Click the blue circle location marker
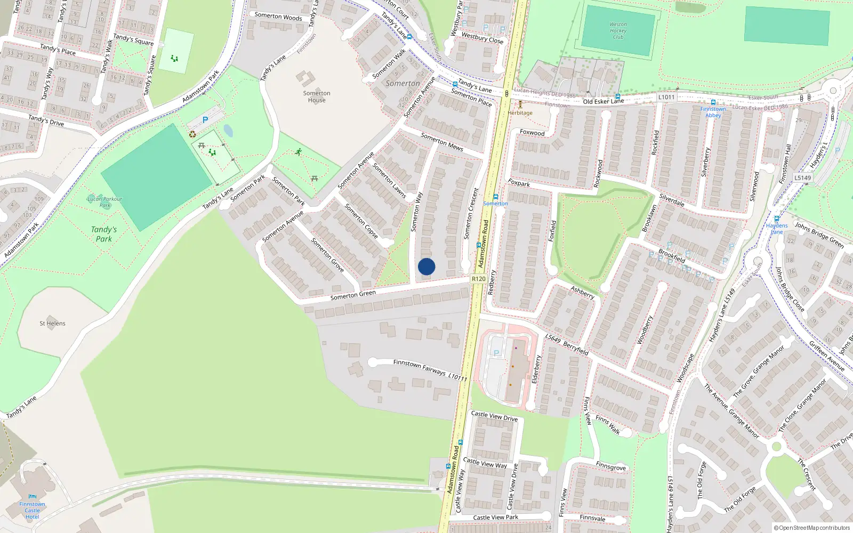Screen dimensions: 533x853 tap(426, 266)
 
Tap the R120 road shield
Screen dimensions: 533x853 tap(478, 279)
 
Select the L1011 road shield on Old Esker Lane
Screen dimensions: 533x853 tap(666, 97)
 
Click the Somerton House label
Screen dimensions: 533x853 tap(317, 96)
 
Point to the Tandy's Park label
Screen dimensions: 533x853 tap(104, 234)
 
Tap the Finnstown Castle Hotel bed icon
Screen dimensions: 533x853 tap(32, 497)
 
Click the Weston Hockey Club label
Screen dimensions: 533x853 tap(618, 30)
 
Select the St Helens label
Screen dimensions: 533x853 tap(52, 324)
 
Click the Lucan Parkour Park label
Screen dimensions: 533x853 tap(104, 202)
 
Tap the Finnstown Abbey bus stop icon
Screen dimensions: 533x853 tap(713, 102)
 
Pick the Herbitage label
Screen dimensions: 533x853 tap(520, 113)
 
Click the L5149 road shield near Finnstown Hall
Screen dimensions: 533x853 tap(802, 178)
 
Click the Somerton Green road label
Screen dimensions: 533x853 tap(353, 295)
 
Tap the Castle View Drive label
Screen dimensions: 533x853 tap(494, 416)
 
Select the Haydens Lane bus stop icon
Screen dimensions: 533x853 tap(777, 219)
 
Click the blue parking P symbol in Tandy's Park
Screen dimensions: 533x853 tap(205, 120)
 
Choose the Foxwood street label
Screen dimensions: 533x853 tap(532, 133)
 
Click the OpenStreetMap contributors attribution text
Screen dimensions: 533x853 tap(811, 528)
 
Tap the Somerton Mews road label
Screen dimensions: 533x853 tap(442, 142)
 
